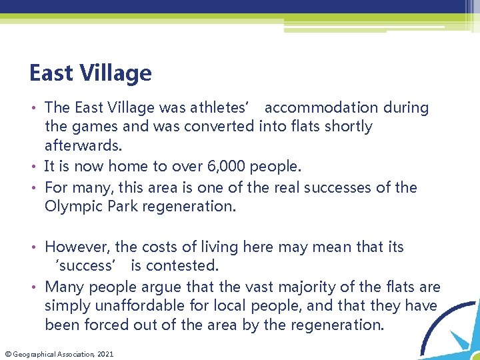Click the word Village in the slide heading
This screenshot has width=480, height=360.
click(x=117, y=73)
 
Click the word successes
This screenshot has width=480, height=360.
click(x=348, y=187)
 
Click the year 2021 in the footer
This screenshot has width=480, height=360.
click(x=105, y=354)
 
